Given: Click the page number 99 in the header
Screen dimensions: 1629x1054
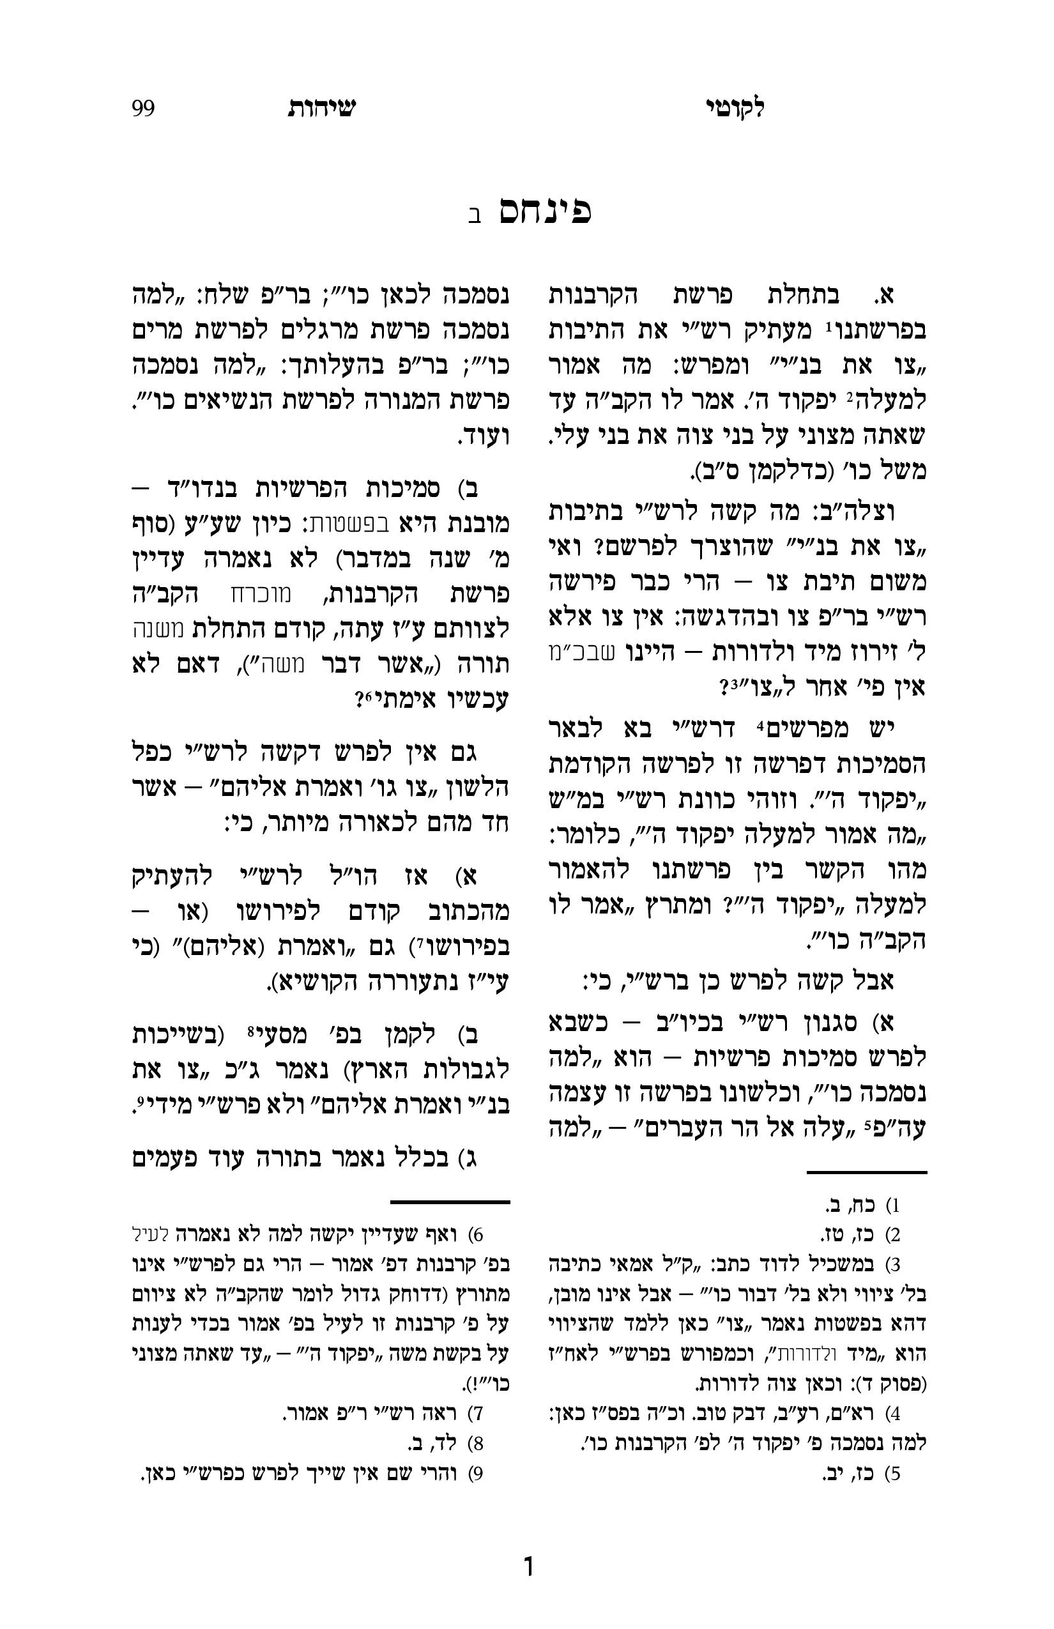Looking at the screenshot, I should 143,108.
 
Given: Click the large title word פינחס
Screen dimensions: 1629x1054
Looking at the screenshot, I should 545,212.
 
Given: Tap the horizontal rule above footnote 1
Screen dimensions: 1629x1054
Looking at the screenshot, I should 866,1172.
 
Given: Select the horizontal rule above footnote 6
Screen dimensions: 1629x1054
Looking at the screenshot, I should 450,1202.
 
